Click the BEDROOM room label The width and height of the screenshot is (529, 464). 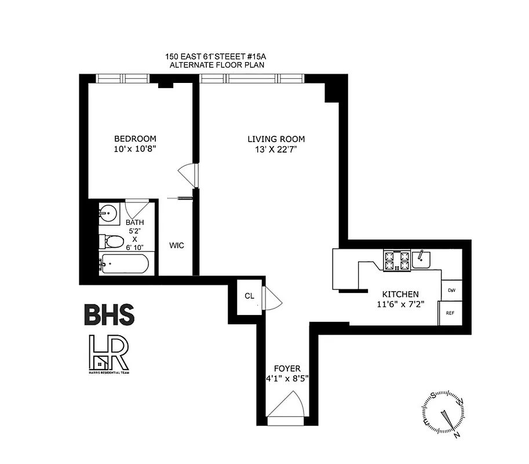[135, 139]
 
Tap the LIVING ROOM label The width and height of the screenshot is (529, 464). [276, 139]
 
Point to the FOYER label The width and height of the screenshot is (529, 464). [287, 369]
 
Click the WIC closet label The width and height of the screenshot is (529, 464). [177, 245]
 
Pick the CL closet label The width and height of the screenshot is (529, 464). [249, 296]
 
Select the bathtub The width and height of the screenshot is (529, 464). [123, 264]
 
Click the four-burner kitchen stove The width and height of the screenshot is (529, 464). [396, 260]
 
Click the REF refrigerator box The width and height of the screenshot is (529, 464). [450, 313]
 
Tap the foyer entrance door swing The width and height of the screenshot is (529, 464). [287, 405]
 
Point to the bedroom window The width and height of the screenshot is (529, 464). [122, 78]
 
